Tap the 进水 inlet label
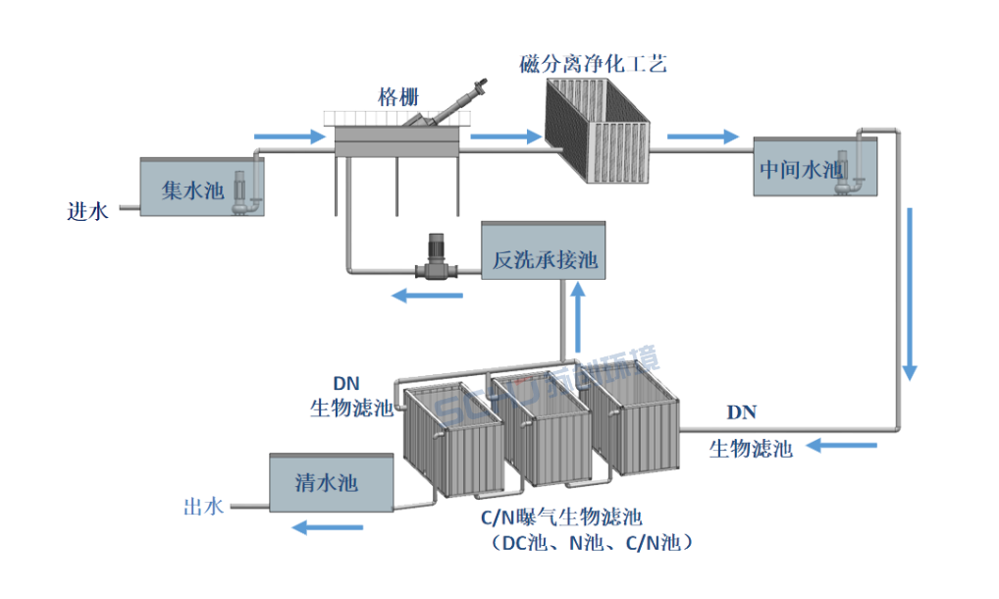87,210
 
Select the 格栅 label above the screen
398,96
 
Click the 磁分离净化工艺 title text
593,65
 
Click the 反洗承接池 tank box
544,260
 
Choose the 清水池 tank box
327,482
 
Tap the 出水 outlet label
203,507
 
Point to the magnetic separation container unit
599,130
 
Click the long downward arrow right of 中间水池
910,294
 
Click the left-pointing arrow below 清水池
327,528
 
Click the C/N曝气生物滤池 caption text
559,517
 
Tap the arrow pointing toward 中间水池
704,136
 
